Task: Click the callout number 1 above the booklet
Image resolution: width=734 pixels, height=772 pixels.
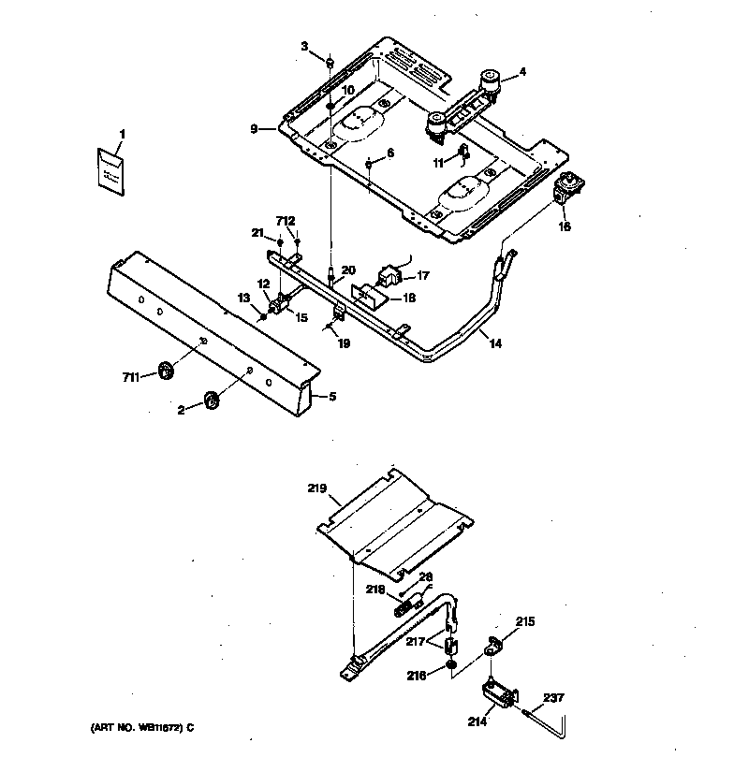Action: [121, 135]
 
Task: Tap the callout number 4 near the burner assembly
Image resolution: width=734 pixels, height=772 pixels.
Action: [522, 70]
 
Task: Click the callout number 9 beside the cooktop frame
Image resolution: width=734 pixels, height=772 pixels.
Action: [254, 129]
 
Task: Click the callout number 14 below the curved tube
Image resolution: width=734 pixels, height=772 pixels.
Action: [494, 344]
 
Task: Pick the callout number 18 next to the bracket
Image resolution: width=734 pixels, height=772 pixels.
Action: [408, 298]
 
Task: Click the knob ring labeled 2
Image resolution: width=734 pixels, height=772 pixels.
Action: [211, 401]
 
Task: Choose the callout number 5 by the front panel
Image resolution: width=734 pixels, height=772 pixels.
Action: [331, 396]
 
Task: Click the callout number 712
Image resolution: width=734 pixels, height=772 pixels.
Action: [286, 220]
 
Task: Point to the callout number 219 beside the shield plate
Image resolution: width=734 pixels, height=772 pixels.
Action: [318, 488]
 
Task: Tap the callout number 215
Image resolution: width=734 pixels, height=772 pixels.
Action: [526, 620]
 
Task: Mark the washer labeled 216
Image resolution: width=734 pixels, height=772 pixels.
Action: [451, 666]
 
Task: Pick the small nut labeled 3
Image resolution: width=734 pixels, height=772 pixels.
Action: [330, 62]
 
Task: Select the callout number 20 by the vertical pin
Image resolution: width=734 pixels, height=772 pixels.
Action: [348, 270]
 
